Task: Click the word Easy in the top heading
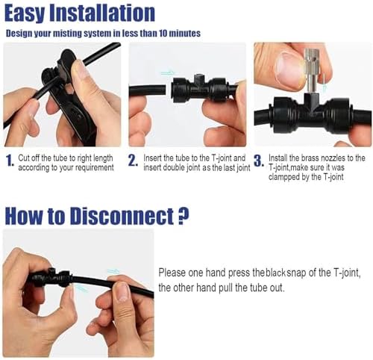25,13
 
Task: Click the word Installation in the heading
102,13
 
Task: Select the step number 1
10,161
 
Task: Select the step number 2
133,161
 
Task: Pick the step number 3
259,161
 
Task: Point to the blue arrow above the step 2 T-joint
167,72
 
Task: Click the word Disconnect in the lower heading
122,216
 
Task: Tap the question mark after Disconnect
184,216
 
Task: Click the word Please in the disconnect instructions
172,273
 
